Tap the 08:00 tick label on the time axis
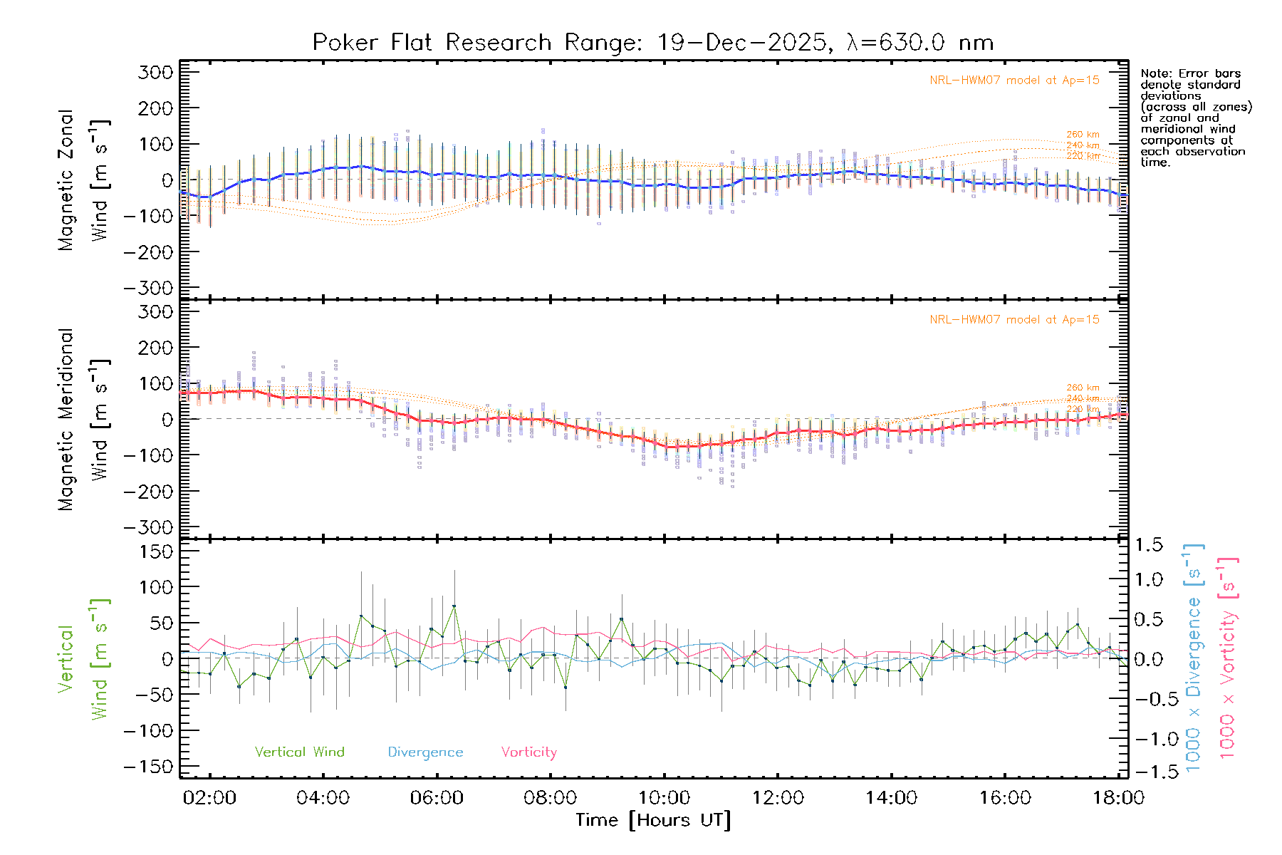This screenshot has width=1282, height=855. (550, 797)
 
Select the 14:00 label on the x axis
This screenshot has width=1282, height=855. (891, 797)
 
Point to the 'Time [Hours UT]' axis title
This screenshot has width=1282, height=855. (652, 820)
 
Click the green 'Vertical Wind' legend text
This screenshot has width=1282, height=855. (299, 752)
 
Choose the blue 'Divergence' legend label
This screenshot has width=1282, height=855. (425, 752)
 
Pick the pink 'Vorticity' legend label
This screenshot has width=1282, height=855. (528, 752)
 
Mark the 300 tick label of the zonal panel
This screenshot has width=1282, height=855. (155, 72)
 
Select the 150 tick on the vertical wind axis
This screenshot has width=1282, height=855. (155, 551)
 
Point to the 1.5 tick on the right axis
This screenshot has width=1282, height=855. (1148, 545)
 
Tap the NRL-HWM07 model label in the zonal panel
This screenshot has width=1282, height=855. (1014, 81)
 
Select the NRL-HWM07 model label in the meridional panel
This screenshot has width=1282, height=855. (1014, 320)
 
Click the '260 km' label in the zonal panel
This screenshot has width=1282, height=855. (1083, 134)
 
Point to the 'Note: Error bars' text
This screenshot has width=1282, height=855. (1190, 73)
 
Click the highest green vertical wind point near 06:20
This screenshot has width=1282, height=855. (454, 606)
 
